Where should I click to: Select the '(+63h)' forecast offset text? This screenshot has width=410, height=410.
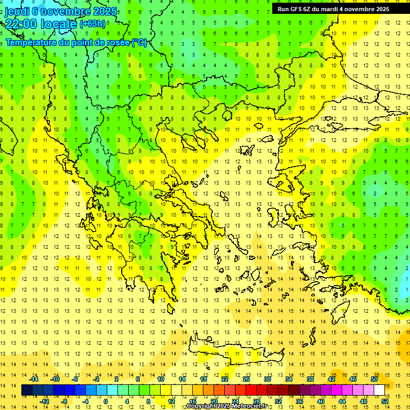(x=92, y=24)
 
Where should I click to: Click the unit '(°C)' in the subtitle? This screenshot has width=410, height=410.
(x=139, y=42)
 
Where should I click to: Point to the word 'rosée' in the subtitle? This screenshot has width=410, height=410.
(x=116, y=42)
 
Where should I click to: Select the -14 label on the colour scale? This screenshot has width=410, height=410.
(x=35, y=379)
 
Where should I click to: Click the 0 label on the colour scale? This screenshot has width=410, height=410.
(x=105, y=401)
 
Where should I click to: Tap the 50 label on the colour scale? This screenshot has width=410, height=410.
(x=374, y=379)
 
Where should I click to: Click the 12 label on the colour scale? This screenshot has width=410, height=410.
(x=172, y=401)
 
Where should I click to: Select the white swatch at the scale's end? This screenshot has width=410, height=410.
(x=379, y=390)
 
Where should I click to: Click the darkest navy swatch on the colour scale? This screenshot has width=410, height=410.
(x=27, y=390)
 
